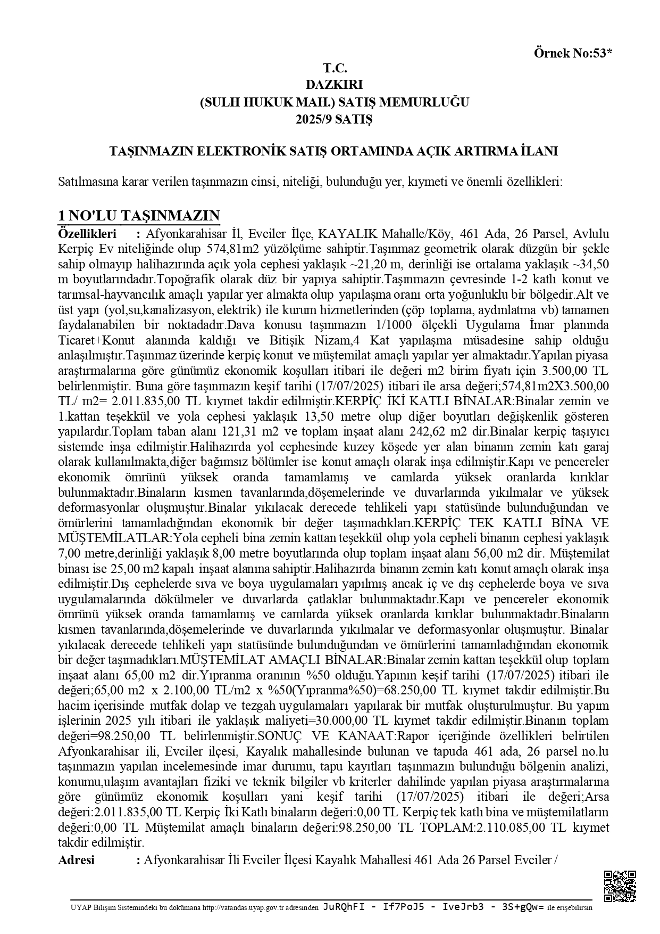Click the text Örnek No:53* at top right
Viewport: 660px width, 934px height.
(x=573, y=53)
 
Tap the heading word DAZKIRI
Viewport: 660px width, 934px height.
(x=334, y=84)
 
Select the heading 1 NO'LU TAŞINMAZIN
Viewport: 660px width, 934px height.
(x=139, y=216)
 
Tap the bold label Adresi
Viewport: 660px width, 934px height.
(x=76, y=860)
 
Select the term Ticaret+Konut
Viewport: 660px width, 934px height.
(x=96, y=340)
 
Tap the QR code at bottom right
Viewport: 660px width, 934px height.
(x=620, y=887)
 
